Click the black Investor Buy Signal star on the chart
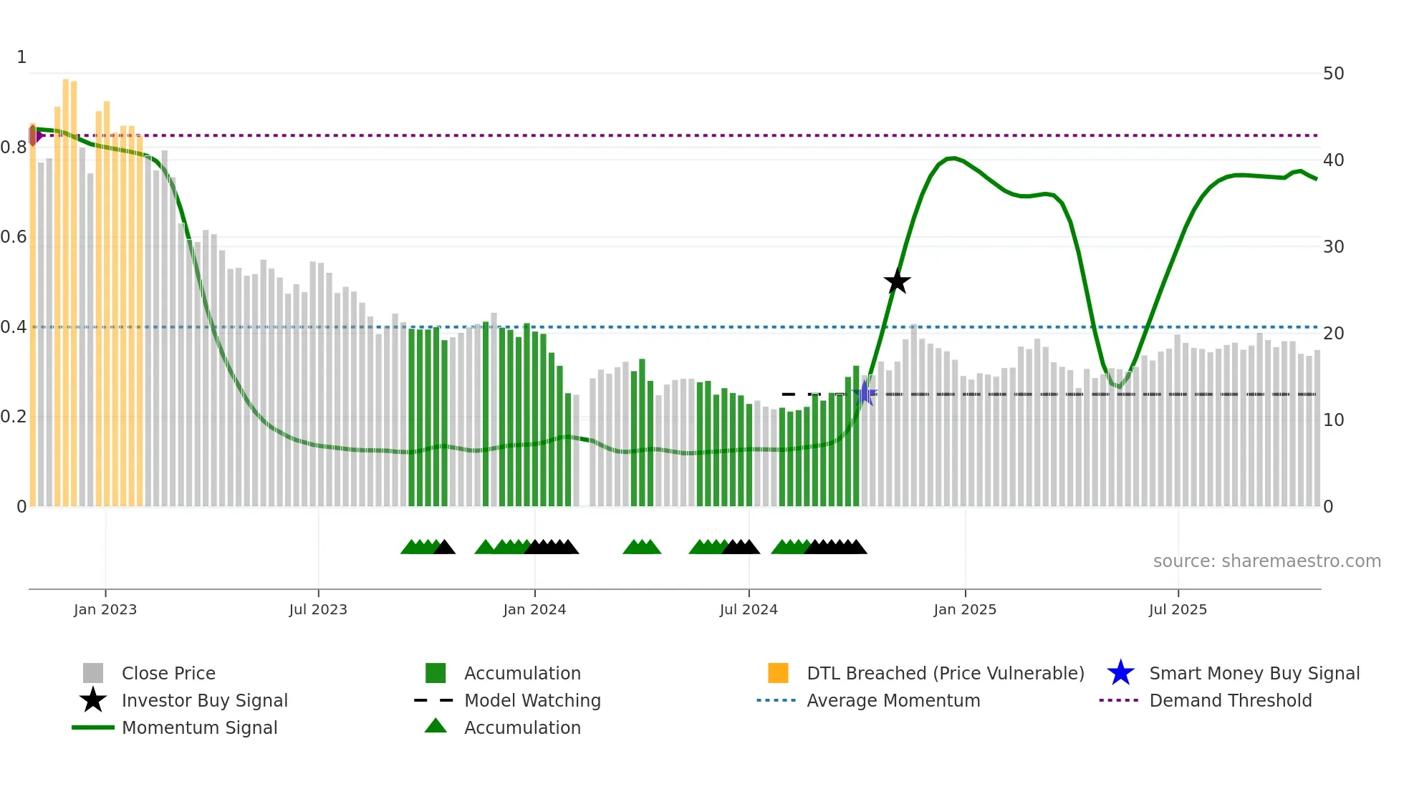(x=897, y=281)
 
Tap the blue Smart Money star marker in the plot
(x=865, y=394)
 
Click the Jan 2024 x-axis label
(x=534, y=609)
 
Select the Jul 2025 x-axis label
(x=1178, y=609)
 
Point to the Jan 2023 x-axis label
(x=105, y=609)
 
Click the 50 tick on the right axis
(x=1333, y=74)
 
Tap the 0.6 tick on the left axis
(x=14, y=237)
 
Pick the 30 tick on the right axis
(x=1333, y=247)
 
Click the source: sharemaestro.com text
(x=1266, y=561)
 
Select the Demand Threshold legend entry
(x=1230, y=700)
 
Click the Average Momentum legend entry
(x=893, y=700)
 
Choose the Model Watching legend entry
(x=532, y=700)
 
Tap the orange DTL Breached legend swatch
(x=778, y=673)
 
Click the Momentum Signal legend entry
(x=198, y=727)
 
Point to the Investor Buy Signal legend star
(x=93, y=700)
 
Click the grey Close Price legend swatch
(x=93, y=673)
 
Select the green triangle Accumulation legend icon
(x=436, y=727)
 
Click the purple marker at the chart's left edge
(x=34, y=135)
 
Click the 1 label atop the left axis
(x=21, y=57)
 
